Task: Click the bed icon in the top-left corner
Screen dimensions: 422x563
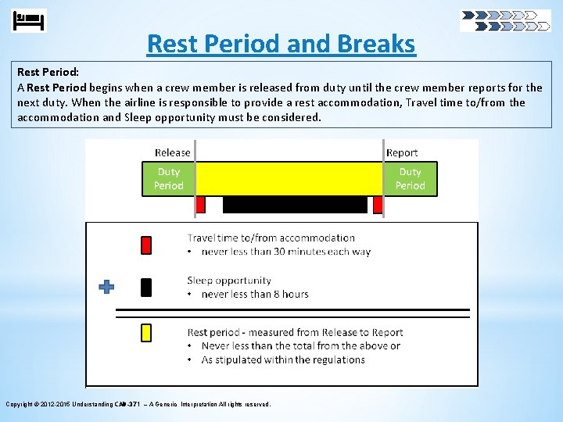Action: click(x=30, y=20)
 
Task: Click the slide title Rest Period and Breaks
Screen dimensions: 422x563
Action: click(x=281, y=44)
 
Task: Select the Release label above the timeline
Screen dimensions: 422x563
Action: click(x=172, y=152)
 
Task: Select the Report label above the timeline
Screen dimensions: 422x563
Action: click(x=402, y=152)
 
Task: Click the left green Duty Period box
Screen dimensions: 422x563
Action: click(x=168, y=179)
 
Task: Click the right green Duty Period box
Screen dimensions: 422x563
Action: click(x=411, y=179)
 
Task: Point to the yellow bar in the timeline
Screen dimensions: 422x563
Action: click(x=289, y=179)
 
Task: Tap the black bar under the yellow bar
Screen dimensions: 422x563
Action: click(x=295, y=205)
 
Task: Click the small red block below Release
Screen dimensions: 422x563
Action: click(x=200, y=205)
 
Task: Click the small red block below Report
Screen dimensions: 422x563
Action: click(x=378, y=205)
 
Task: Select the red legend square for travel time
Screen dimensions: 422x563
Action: click(x=146, y=245)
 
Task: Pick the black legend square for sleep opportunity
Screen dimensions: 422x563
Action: click(x=146, y=288)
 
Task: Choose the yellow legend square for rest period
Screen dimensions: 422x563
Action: click(x=146, y=333)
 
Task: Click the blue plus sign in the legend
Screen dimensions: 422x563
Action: click(x=106, y=287)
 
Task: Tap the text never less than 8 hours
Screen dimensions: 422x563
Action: click(x=255, y=295)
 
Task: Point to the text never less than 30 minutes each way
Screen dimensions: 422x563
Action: click(x=285, y=252)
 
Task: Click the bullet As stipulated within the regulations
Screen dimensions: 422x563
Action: click(x=283, y=360)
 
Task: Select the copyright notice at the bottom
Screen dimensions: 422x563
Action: click(x=138, y=404)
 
